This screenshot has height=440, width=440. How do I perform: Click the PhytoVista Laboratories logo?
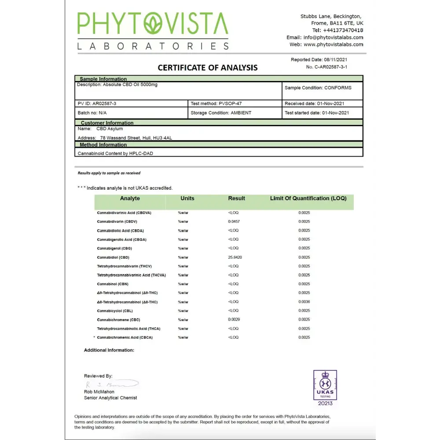[x=153, y=31]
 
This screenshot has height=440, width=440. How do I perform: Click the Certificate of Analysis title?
[x=208, y=68]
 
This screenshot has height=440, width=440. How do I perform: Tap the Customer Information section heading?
[x=107, y=123]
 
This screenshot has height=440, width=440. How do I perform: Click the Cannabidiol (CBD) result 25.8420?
[x=235, y=257]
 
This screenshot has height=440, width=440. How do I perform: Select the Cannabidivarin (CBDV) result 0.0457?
[x=234, y=222]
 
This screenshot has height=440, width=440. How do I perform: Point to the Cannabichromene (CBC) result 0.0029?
[x=234, y=319]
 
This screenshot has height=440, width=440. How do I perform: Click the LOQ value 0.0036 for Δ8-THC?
[x=304, y=302]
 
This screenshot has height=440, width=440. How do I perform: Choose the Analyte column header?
[x=130, y=198]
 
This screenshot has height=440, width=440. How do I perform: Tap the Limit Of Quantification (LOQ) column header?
[x=308, y=198]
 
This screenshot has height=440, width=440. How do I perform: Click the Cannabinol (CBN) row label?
[x=113, y=284]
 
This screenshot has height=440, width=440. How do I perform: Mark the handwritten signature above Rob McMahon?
[x=112, y=384]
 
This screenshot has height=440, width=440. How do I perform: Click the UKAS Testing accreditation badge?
[x=325, y=388]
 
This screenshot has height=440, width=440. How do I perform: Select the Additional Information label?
[x=109, y=350]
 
